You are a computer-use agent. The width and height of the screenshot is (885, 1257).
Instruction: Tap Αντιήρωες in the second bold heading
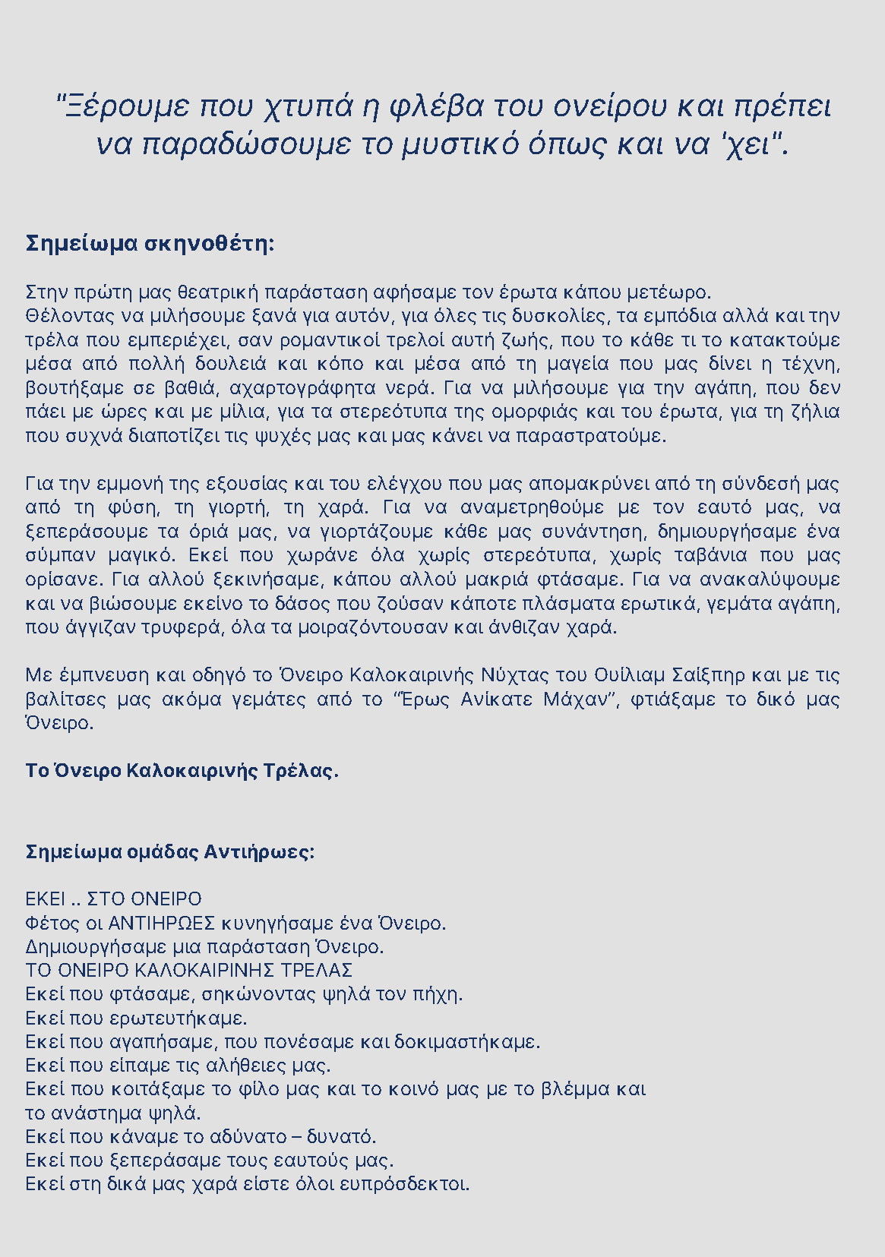pos(259,851)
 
